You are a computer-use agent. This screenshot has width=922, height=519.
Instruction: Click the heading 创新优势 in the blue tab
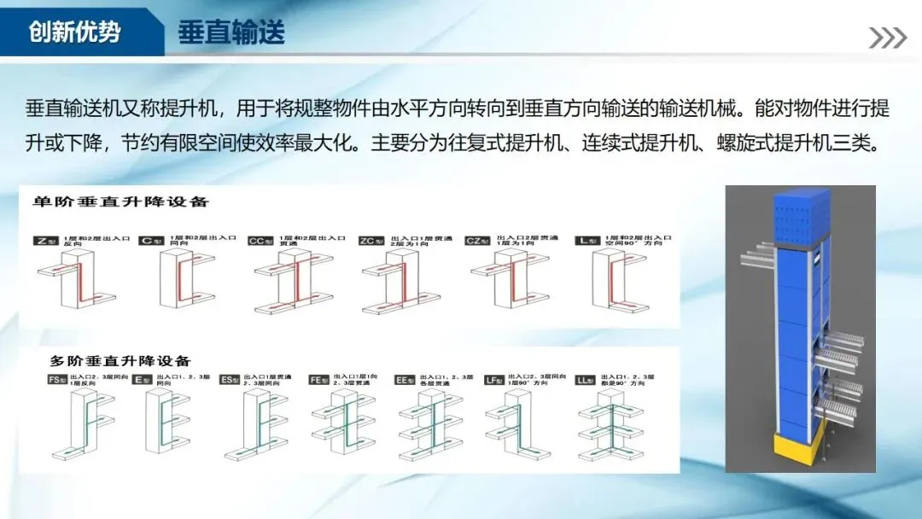74,32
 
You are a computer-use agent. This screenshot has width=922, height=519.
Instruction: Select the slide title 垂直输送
230,32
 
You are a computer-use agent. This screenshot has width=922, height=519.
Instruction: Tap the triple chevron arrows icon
887,38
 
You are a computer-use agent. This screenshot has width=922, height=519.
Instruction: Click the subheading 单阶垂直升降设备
120,202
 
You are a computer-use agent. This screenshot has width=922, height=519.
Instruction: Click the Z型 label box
45,241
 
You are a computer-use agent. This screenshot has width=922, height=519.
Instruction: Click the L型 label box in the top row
587,241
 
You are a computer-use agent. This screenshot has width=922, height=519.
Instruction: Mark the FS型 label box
56,379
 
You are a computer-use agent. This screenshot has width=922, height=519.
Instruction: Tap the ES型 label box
230,379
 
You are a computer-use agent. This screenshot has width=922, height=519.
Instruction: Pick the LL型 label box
586,379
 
